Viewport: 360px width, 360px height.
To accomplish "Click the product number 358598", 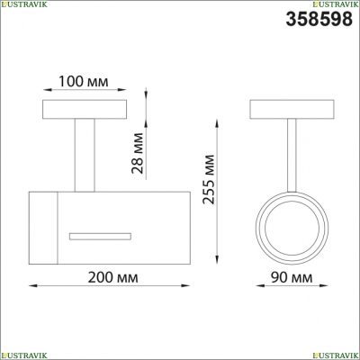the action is pos(319,19).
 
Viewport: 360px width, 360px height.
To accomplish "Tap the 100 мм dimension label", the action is pos(83,81).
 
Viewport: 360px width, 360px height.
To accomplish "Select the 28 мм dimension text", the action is pos(138,153).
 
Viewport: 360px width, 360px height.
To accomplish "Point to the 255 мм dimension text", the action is pos(209,179).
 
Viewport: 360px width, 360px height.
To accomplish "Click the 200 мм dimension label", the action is pos(113,277).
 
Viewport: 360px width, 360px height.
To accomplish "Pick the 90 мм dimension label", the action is pos(292,277).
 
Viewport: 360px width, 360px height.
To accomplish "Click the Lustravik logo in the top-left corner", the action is pos(23,4).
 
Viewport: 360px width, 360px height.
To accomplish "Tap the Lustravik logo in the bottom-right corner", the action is pos(336,355).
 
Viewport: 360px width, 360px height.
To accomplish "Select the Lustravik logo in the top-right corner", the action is pos(336,4).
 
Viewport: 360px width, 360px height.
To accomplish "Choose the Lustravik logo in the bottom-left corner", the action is pos(23,355).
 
